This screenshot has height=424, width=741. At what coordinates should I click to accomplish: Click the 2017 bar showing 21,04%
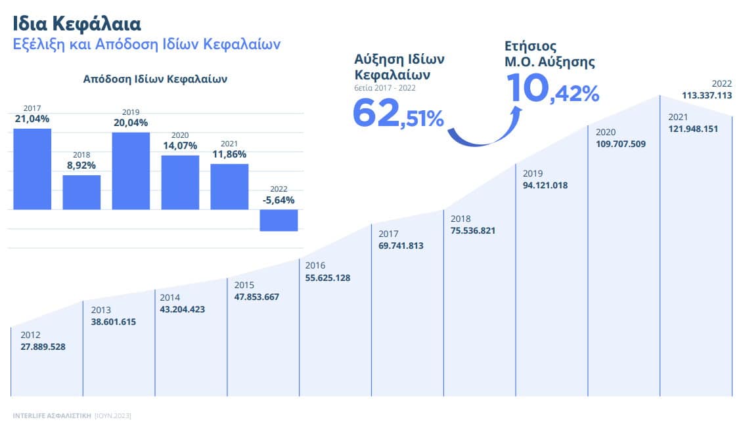point(32,169)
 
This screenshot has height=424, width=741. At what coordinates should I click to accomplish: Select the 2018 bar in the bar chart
point(81,192)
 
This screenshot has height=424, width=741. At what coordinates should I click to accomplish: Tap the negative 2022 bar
point(279,220)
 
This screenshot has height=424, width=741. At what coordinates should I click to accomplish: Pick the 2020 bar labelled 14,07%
point(180,182)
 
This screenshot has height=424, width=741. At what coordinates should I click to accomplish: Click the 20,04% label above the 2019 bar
point(130,123)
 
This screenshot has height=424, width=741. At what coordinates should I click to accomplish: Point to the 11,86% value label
point(229,154)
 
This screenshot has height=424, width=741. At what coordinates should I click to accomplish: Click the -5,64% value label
point(278,200)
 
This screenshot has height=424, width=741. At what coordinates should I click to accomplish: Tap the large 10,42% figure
point(552,89)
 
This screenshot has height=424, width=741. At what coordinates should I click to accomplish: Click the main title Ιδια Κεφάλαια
point(77,24)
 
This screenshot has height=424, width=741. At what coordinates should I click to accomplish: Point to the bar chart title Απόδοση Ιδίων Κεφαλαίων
point(155,79)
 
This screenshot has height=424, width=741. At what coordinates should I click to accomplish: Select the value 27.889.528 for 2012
point(43,347)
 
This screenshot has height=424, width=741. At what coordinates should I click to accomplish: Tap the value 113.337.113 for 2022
point(706,95)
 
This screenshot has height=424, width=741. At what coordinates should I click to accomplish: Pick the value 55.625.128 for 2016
point(328,278)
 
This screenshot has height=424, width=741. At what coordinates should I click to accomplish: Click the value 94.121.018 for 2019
point(545,185)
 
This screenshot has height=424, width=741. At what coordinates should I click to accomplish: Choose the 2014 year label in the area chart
point(170,297)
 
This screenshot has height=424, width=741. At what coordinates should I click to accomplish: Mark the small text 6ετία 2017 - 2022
point(384,87)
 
